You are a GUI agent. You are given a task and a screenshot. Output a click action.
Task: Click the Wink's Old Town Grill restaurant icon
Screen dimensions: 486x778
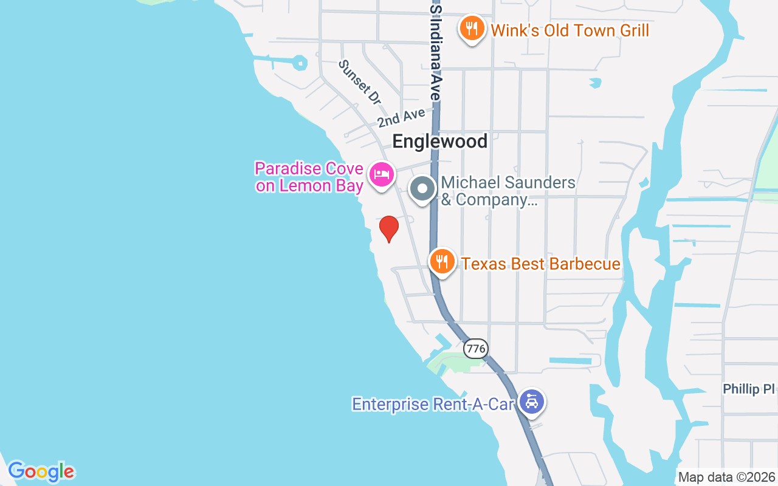tap(471, 28)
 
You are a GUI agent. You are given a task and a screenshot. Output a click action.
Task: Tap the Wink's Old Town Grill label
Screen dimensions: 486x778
tap(570, 30)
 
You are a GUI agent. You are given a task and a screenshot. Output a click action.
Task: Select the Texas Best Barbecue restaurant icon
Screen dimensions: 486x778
tap(442, 261)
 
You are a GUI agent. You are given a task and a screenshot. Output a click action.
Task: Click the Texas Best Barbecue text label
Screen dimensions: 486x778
tap(540, 264)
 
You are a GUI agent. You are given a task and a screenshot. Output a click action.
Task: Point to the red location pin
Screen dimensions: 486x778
tap(389, 228)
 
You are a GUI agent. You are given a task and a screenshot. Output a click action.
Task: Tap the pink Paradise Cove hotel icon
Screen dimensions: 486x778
tap(381, 175)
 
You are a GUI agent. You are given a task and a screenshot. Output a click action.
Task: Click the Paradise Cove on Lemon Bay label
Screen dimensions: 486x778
tap(309, 177)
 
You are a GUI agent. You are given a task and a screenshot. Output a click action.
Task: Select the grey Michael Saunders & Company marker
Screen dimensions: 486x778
tap(422, 189)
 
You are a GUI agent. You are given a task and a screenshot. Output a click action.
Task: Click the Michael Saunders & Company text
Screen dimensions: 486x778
tap(508, 191)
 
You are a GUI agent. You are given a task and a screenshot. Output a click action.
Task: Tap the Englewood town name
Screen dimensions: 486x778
tap(440, 142)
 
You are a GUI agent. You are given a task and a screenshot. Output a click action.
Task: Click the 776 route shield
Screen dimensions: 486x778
tap(475, 348)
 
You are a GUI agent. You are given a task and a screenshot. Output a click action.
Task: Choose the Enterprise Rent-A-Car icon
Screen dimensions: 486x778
tap(532, 402)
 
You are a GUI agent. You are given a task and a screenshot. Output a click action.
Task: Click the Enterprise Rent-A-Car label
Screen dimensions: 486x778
tap(433, 404)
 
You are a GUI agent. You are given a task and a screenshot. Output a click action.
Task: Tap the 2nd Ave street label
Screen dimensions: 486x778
tap(401, 117)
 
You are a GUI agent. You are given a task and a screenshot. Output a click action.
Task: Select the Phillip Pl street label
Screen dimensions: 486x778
tap(749, 389)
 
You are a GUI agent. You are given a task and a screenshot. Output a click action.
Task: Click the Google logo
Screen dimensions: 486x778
tap(41, 471)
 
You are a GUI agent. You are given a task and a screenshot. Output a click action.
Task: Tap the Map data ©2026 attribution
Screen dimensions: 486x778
tap(727, 477)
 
